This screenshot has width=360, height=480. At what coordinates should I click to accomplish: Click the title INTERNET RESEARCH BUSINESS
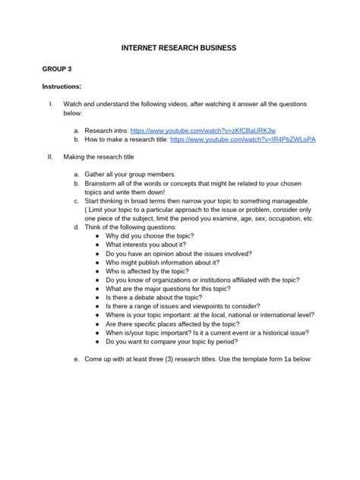click(x=179, y=48)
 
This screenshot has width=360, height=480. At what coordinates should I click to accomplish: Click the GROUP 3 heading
click(x=56, y=68)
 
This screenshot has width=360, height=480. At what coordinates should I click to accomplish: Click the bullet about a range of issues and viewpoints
click(x=183, y=307)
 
